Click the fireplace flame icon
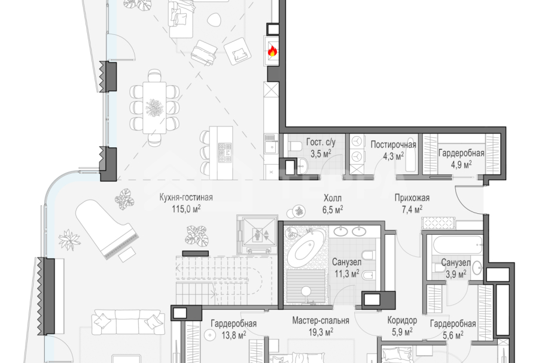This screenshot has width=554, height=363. click(x=272, y=52)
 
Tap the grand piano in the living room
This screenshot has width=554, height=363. click(x=106, y=230)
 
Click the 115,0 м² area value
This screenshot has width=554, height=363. click(x=186, y=208)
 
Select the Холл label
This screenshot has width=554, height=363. click(x=333, y=198)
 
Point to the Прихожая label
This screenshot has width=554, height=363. click(x=412, y=198)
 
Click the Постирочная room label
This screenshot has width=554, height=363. click(x=393, y=144)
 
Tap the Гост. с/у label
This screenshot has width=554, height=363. click(x=321, y=142)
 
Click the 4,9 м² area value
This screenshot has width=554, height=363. click(x=461, y=165)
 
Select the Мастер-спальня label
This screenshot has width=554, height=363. click(x=321, y=320)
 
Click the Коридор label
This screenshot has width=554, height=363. click(x=402, y=320)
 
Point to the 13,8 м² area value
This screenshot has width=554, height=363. click(x=233, y=334)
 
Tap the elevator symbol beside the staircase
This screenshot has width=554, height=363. click(x=257, y=234)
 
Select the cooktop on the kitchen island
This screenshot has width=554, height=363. click(x=224, y=153)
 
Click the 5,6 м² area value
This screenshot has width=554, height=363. click(x=453, y=335)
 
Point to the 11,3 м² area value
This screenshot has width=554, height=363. click(x=347, y=274)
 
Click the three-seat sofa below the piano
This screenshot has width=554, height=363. click(x=127, y=322)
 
